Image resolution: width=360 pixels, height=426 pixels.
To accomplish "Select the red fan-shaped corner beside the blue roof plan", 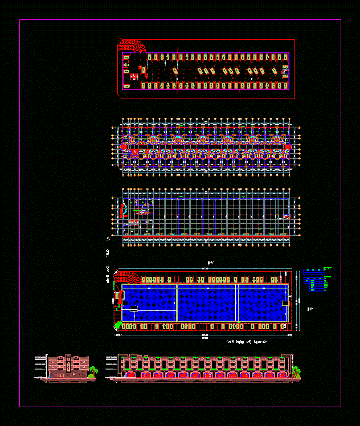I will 127,277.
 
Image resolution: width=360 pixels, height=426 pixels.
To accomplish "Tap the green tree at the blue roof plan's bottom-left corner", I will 119,326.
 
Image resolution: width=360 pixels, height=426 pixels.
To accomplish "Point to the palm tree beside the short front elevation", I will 92,371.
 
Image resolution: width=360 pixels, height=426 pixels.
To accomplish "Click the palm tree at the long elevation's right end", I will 296,371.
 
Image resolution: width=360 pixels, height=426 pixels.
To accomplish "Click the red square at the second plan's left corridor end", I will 124,146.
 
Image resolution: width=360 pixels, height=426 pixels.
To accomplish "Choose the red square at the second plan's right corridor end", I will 288,146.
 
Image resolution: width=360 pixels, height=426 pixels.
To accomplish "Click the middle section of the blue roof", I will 207,302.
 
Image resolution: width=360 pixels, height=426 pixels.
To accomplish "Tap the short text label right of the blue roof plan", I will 310,309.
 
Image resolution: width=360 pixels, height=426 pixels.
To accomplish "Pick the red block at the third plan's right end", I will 287,217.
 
